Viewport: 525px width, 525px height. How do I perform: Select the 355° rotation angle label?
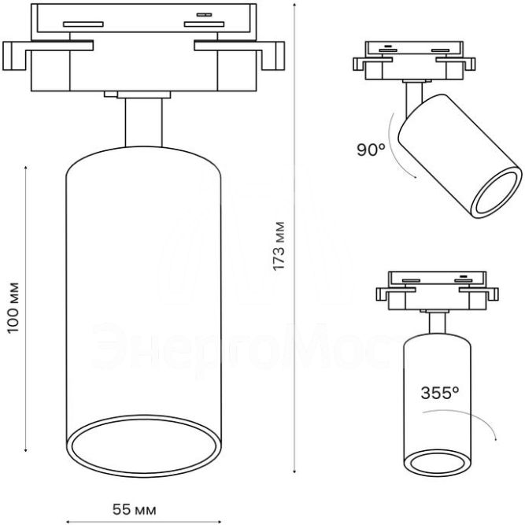(440, 393)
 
